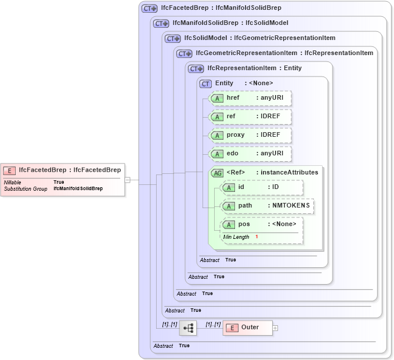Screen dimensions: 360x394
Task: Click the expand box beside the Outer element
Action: point(275,328)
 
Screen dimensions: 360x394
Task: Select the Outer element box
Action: point(248,328)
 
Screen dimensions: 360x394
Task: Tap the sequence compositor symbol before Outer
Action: point(188,328)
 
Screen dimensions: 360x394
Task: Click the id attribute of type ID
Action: point(262,187)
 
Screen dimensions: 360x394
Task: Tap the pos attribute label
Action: point(244,224)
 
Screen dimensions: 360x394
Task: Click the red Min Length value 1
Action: point(256,237)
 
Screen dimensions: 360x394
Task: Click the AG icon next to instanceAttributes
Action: point(216,173)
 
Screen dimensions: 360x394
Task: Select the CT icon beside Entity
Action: point(205,83)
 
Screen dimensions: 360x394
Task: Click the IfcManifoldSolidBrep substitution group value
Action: point(78,189)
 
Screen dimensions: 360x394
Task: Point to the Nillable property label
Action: point(12,183)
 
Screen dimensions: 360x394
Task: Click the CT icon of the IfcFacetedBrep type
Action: point(150,8)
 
